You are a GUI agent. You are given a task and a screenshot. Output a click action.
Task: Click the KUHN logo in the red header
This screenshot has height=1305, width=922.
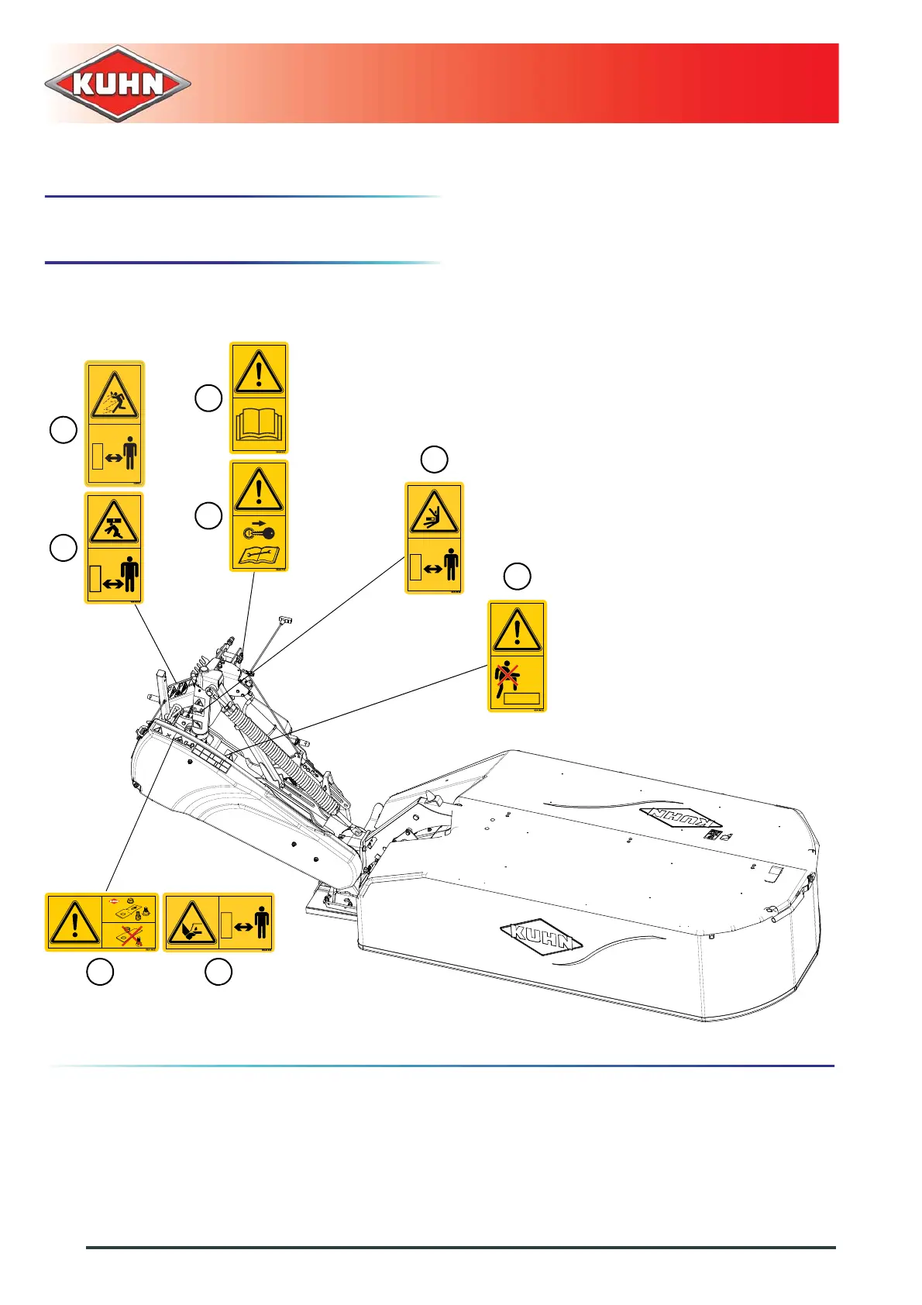[118, 84]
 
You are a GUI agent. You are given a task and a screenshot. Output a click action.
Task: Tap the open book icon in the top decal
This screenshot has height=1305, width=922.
[259, 425]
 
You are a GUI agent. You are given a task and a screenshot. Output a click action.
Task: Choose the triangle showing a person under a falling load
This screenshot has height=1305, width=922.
[114, 521]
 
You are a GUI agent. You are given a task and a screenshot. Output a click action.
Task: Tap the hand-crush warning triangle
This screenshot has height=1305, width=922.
[434, 511]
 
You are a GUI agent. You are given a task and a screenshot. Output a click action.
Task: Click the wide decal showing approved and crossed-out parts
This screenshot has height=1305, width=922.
[101, 922]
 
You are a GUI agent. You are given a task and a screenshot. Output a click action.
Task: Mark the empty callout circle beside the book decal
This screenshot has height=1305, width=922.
[208, 398]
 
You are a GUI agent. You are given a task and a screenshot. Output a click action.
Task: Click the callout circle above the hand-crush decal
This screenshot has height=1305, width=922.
[434, 459]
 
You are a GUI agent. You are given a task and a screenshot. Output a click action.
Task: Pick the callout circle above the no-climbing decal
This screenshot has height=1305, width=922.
[518, 577]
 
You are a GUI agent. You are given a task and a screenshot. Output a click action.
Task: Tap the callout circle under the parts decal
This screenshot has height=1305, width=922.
[100, 972]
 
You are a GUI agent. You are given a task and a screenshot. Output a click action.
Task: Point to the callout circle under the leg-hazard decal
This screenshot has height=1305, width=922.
[218, 972]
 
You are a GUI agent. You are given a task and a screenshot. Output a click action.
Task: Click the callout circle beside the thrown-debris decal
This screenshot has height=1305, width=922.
[64, 429]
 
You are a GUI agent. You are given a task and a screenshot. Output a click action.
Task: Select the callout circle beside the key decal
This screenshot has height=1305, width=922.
[208, 516]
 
